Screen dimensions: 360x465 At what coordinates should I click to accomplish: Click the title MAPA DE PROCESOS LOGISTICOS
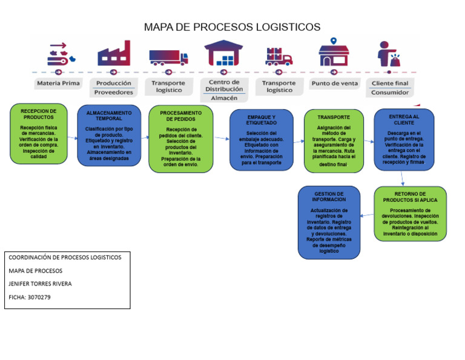(232, 27)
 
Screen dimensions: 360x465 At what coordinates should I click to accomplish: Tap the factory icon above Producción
(114, 53)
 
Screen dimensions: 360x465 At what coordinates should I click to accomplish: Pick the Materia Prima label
(58, 83)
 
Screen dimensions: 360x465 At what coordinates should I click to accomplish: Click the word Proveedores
(113, 93)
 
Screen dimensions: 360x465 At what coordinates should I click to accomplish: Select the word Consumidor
(389, 93)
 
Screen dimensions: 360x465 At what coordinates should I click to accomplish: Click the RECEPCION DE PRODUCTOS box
(39, 133)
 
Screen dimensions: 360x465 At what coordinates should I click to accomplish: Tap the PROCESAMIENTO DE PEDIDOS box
(180, 139)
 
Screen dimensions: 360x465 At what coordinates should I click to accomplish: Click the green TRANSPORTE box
(333, 141)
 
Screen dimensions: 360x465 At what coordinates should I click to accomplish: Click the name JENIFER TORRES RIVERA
(40, 284)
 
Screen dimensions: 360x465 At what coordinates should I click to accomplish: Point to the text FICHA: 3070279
(30, 297)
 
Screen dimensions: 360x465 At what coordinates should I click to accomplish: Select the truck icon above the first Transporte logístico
(168, 57)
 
